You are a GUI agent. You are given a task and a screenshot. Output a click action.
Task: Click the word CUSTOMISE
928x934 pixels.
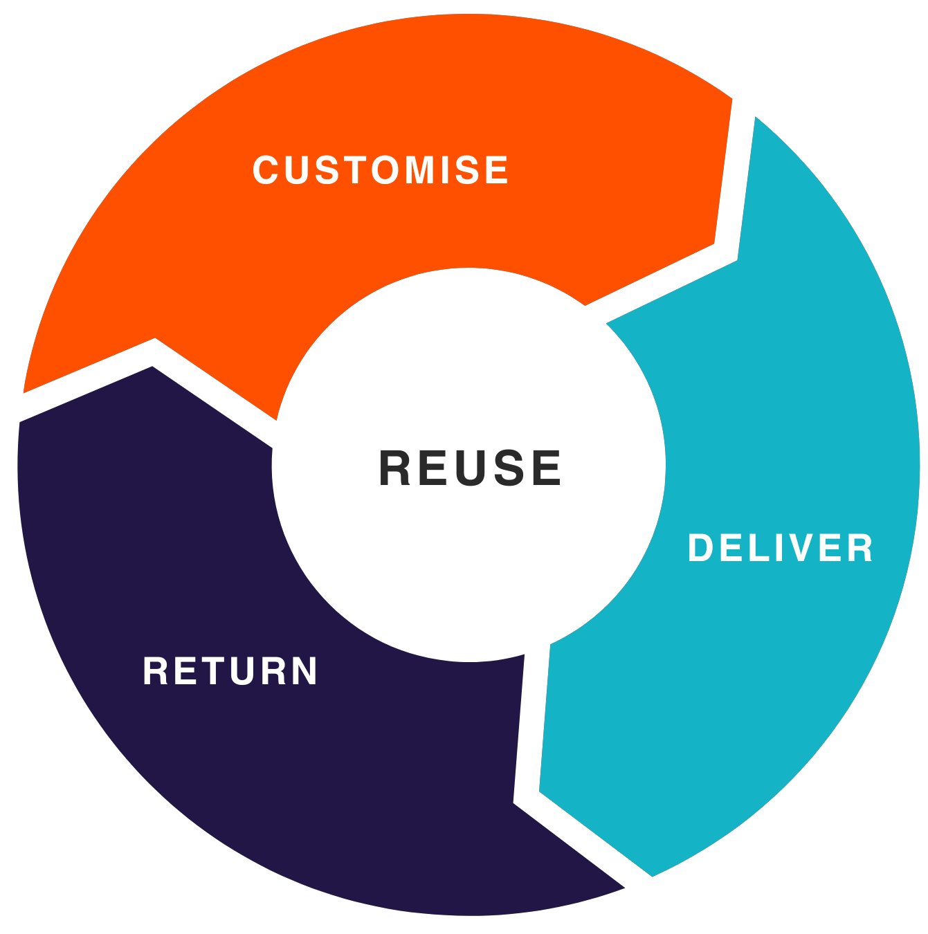tap(381, 170)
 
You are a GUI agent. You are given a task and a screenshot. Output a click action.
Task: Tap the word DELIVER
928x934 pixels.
tap(781, 549)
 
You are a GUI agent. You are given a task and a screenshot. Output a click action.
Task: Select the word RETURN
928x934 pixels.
tap(230, 671)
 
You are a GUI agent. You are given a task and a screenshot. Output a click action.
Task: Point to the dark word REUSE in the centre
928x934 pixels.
tap(470, 468)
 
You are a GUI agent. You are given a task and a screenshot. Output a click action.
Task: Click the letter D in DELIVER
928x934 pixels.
tap(700, 549)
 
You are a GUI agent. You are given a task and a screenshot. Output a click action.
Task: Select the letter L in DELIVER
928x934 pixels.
tap(751, 549)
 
